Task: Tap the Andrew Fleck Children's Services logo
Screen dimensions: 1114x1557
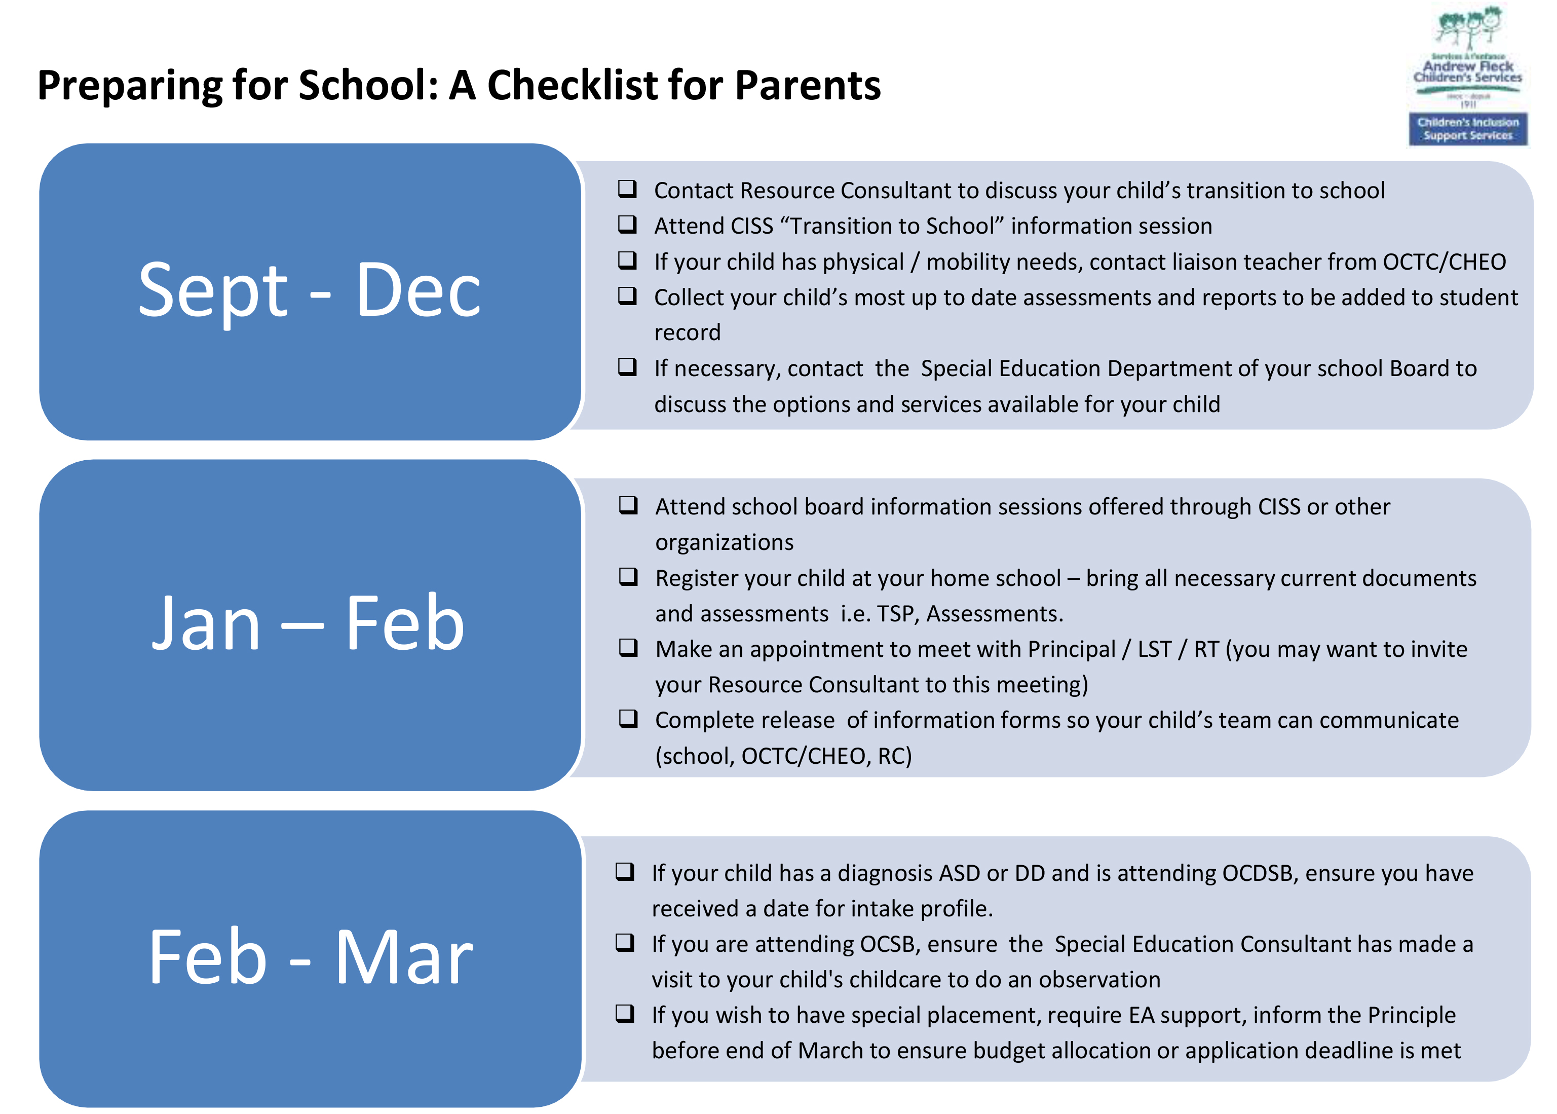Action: (x=1468, y=55)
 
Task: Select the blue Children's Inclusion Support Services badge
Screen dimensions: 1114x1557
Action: (x=1468, y=129)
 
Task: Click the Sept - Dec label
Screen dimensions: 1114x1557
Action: (x=310, y=291)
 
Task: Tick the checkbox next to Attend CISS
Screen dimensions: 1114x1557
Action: (x=627, y=225)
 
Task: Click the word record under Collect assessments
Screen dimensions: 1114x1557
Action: (x=687, y=332)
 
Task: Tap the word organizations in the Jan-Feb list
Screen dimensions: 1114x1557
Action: (x=724, y=543)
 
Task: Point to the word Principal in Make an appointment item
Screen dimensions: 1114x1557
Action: (x=1072, y=650)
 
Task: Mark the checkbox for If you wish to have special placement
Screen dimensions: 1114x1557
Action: (x=625, y=1013)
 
